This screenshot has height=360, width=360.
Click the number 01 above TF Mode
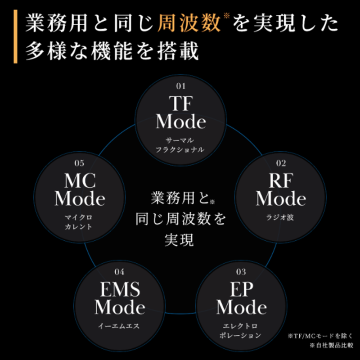coord(180,86)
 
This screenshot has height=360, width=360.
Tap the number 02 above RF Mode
coord(281,163)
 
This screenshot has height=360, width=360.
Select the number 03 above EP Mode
coord(241,271)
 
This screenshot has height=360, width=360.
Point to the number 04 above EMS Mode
coord(119,271)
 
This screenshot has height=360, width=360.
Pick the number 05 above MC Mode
coord(79,163)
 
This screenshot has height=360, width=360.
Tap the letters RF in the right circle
coord(281,181)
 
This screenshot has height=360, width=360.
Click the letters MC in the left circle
coord(80,181)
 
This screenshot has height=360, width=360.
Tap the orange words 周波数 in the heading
coord(188,25)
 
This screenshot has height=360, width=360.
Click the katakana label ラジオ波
coord(281,217)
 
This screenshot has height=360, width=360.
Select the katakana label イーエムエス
coord(119,325)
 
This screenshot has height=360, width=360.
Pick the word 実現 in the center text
coord(180,239)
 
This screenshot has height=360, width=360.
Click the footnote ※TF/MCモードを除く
coord(320,335)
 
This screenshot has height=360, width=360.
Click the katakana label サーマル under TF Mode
coord(180,139)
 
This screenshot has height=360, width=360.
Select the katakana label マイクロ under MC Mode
coord(79,217)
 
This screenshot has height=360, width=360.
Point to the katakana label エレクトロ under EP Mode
coord(241,325)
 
